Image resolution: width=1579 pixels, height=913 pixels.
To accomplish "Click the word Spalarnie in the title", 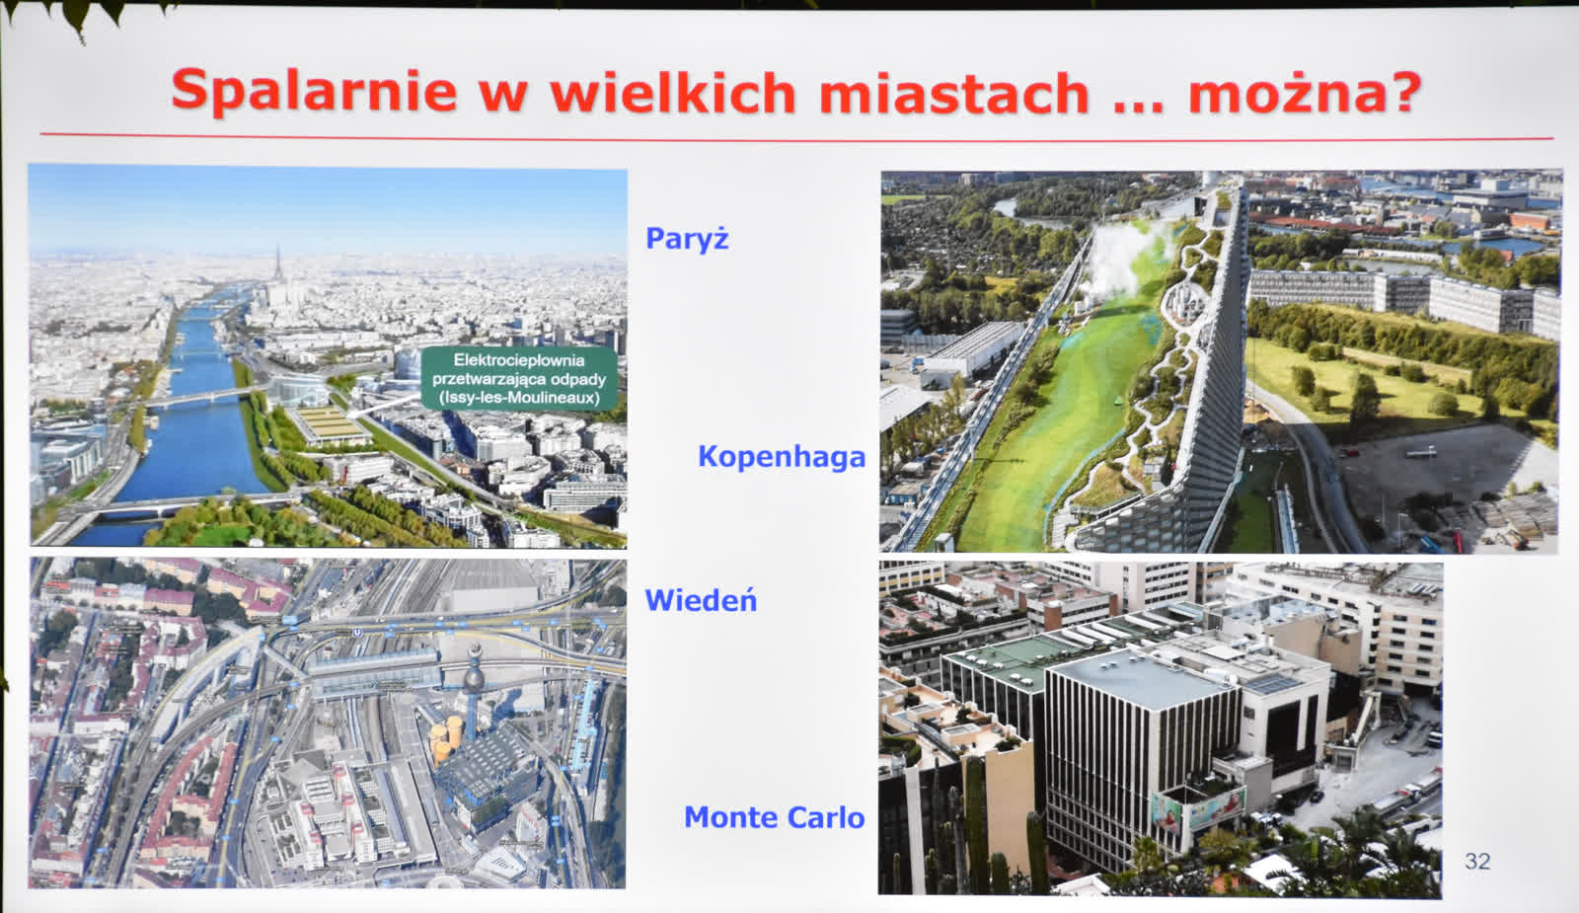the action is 315,92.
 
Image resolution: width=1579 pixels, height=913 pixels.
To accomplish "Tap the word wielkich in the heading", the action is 673,92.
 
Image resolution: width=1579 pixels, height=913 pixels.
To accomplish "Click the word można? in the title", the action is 1305,93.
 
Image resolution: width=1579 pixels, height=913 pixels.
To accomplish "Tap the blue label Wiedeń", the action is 701,601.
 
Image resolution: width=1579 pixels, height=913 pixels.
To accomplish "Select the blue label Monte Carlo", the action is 774,817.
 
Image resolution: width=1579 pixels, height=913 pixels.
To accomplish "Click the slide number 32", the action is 1476,861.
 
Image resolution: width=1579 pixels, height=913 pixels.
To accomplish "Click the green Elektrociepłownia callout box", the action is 519,379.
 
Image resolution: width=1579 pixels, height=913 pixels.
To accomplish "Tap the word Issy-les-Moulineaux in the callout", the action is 519,399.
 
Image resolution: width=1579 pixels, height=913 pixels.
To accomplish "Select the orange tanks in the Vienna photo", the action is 445,737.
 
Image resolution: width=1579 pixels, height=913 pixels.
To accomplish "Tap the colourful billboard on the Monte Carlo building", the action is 1198,808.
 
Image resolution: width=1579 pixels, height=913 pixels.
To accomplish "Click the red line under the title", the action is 796,136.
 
